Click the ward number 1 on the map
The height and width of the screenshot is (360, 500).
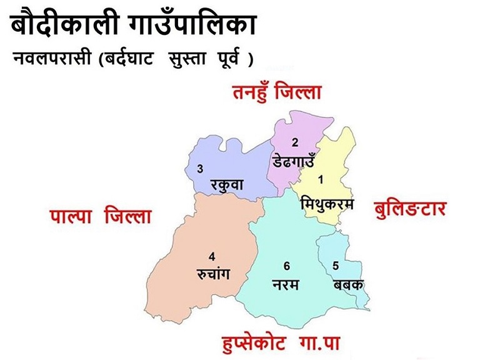tap(321, 180)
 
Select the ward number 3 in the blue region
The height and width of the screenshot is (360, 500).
tap(200, 169)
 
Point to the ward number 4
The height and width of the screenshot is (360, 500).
tap(212, 256)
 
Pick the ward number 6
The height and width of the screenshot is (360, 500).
tap(286, 266)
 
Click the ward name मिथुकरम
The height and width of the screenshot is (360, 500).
tap(327, 204)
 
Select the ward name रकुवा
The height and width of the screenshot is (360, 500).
tap(227, 185)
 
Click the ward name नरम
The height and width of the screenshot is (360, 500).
tap(286, 284)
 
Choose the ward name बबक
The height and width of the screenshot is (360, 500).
tap(347, 284)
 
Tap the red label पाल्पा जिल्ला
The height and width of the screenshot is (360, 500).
tap(101, 217)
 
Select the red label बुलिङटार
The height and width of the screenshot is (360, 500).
tap(410, 207)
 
